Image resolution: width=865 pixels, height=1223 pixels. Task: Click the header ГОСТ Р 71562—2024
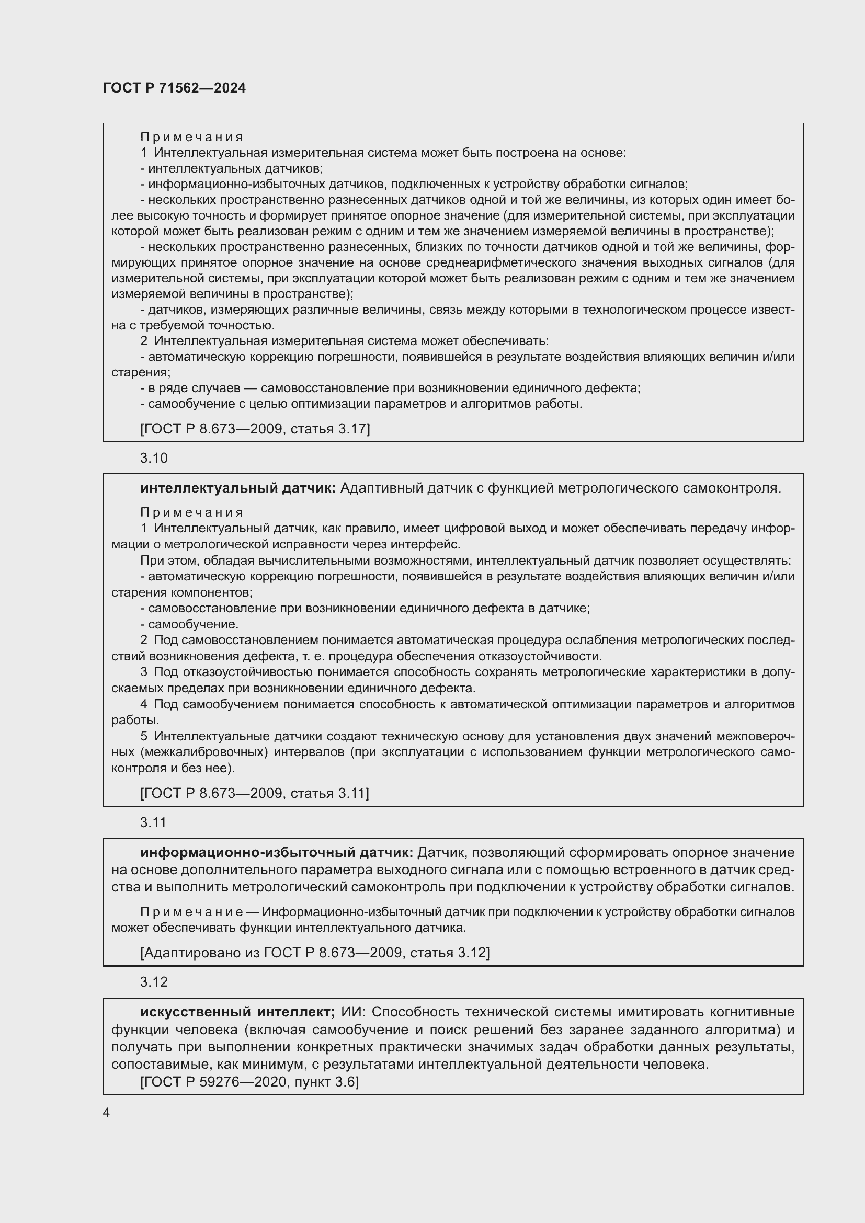coord(174,88)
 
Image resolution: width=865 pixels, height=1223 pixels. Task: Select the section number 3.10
coord(153,458)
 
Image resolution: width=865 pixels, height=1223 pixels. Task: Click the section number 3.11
coord(153,822)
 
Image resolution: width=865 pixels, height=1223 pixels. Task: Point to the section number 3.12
coord(153,982)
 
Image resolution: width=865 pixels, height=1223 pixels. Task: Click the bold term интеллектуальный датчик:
coord(237,488)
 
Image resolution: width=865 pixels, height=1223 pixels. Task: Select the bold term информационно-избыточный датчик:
coord(277,853)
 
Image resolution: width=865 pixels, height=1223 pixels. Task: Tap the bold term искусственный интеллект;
coord(237,1012)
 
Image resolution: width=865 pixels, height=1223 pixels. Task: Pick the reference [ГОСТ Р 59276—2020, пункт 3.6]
coord(249,1082)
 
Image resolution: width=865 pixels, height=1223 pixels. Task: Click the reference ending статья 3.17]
coord(255,429)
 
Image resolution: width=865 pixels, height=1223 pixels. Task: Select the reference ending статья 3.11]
coord(254,793)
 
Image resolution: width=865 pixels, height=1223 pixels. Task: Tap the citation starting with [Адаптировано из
coord(314,952)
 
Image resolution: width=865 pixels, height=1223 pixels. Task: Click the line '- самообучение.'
coord(189,624)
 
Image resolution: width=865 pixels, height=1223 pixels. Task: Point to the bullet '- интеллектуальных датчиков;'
coord(231,169)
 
